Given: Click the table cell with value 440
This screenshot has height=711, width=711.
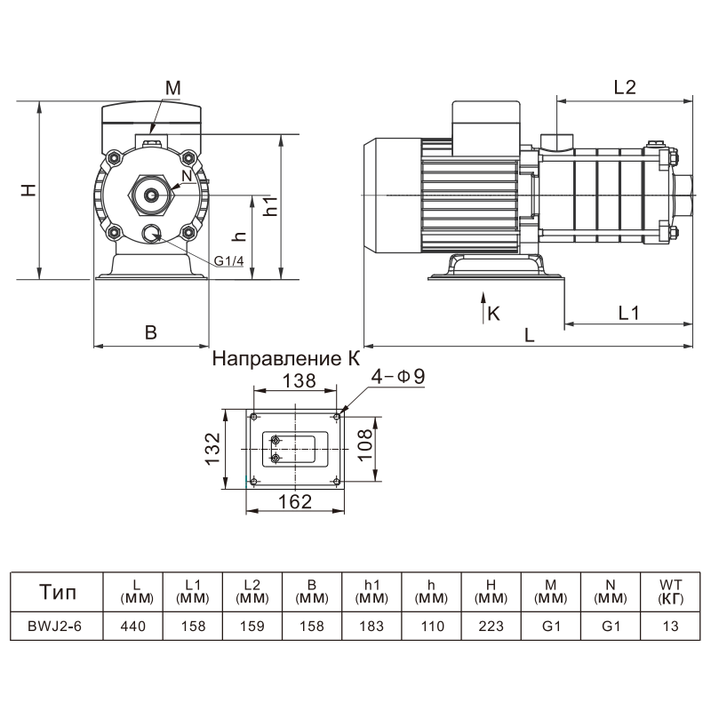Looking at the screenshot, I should pyautogui.click(x=132, y=626).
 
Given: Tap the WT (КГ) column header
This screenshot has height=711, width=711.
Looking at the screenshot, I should pyautogui.click(x=670, y=591).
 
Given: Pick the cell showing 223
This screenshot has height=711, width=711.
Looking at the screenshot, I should pyautogui.click(x=491, y=626).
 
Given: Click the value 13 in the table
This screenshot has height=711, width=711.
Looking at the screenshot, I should pyautogui.click(x=670, y=626).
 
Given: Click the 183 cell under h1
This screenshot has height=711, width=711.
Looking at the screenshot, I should pyautogui.click(x=371, y=626).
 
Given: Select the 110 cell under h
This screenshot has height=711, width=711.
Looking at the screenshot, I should pyautogui.click(x=431, y=626).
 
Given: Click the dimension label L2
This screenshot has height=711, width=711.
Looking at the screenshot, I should pyautogui.click(x=625, y=87).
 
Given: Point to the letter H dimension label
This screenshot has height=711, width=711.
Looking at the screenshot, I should pyautogui.click(x=29, y=189).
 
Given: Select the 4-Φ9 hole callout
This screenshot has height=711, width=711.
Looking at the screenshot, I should pyautogui.click(x=398, y=377).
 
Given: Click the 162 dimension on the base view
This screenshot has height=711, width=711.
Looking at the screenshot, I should pyautogui.click(x=295, y=501).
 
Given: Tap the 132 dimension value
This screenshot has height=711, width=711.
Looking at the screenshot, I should pyautogui.click(x=212, y=449).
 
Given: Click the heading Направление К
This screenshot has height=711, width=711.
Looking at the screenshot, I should pyautogui.click(x=287, y=359).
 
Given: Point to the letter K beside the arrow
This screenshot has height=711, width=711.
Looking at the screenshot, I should pyautogui.click(x=494, y=313).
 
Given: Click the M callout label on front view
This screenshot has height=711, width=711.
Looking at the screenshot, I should pyautogui.click(x=172, y=87).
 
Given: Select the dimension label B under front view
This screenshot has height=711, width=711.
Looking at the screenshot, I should pyautogui.click(x=151, y=332).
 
